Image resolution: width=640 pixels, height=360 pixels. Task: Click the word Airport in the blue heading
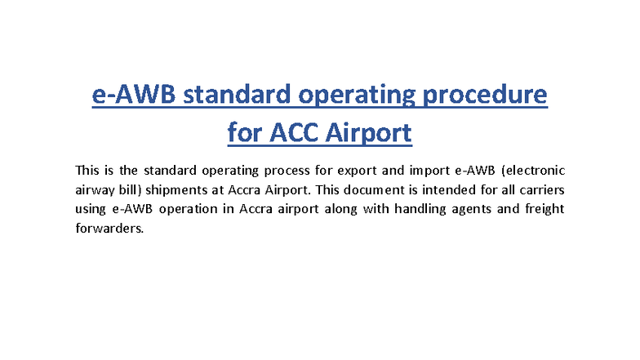pos(363,132)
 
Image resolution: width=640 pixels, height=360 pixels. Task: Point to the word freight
pos(540,209)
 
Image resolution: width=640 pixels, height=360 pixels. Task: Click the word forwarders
pos(109,229)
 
